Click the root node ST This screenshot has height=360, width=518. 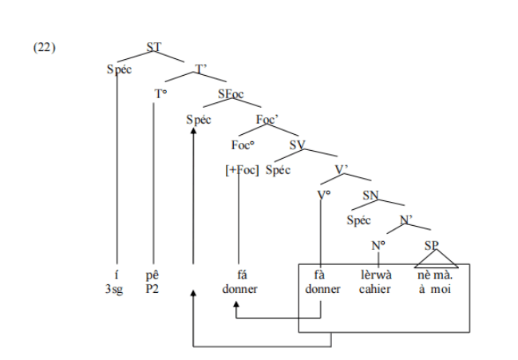(155, 47)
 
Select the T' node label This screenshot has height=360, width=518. (202, 69)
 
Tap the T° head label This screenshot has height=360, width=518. (160, 93)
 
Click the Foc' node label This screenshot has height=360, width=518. (267, 120)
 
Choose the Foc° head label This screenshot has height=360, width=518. (242, 144)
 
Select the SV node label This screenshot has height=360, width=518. (298, 144)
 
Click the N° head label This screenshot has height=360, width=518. (378, 243)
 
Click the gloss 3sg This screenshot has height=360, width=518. (117, 289)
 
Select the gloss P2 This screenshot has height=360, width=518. (153, 289)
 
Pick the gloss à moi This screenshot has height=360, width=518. (435, 289)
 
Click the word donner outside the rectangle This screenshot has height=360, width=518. (240, 289)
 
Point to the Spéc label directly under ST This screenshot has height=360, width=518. (119, 69)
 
